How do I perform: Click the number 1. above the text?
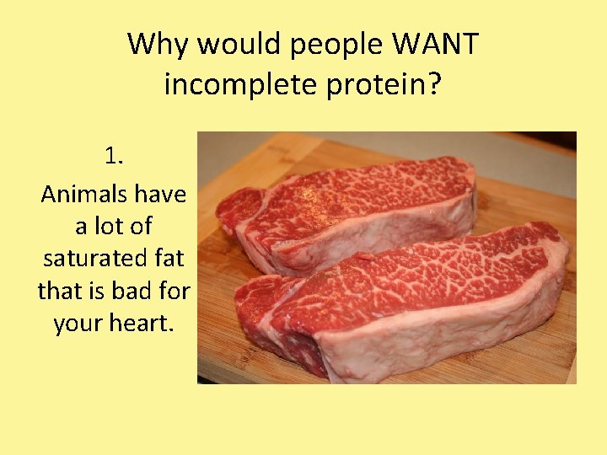point(115,156)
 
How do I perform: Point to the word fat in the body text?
point(168,259)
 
